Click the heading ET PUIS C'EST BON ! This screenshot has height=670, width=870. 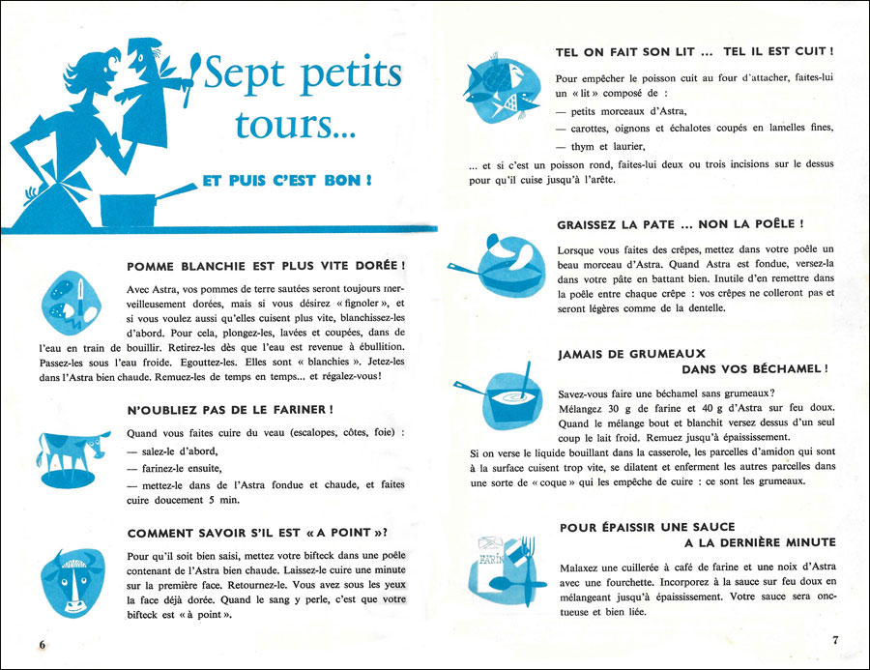[287, 180]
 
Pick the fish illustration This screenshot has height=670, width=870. [500, 86]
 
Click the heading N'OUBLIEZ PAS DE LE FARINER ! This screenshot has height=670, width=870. [231, 409]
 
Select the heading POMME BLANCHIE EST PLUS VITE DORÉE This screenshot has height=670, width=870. [266, 266]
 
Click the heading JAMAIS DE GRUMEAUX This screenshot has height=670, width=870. [631, 354]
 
